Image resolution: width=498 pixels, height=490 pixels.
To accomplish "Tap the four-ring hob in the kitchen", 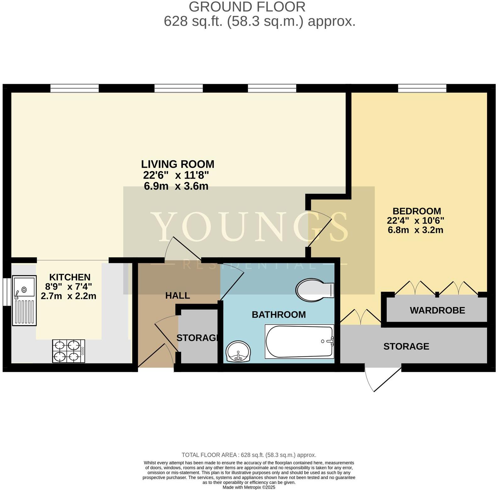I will click(x=69, y=351).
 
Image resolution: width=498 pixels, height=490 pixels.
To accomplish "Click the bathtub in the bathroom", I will click(x=299, y=341).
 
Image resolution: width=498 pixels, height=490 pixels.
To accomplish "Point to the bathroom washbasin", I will click(x=238, y=351).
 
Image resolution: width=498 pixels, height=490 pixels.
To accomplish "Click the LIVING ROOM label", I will click(x=177, y=164).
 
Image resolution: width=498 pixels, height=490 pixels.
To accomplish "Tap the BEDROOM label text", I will click(x=417, y=211).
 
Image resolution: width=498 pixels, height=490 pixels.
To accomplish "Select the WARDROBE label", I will click(x=437, y=310).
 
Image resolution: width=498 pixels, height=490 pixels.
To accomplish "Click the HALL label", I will click(x=178, y=295).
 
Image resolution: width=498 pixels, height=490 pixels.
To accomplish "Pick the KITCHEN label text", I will click(x=70, y=277).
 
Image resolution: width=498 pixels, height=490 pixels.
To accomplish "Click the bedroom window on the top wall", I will click(x=422, y=88).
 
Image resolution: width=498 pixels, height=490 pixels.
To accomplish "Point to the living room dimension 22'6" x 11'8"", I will click(x=176, y=175).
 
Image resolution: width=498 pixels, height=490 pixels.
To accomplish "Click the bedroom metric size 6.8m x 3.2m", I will click(x=415, y=230).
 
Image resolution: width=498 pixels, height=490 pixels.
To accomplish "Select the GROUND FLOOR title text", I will click(x=247, y=7).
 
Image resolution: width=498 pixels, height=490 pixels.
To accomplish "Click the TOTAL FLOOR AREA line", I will click(x=249, y=455).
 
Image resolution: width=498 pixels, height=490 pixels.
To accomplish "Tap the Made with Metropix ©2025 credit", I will click(x=249, y=487).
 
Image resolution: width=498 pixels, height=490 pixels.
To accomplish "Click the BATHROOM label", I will click(x=279, y=315).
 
